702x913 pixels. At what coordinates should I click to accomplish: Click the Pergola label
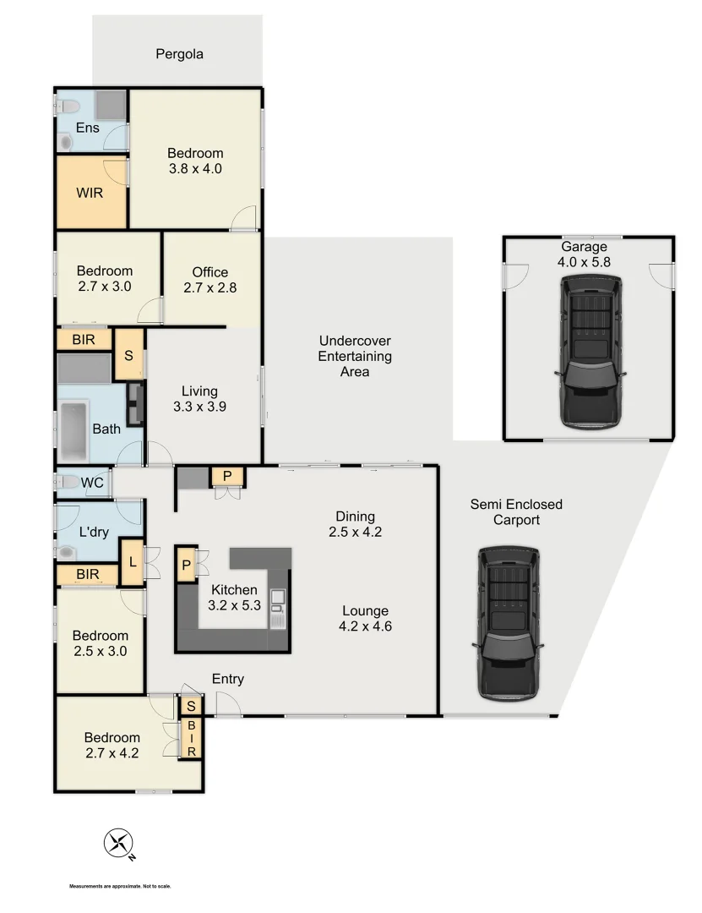point(179,55)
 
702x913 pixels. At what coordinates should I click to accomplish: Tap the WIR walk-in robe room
point(90,193)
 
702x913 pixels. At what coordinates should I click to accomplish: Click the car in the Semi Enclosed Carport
point(509,623)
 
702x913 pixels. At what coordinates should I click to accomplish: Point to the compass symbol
point(118,844)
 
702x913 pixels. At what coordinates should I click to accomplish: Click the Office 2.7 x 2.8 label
point(210,280)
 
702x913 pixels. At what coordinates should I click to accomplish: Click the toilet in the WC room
point(65,482)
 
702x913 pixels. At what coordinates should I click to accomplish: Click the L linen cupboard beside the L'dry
point(132,563)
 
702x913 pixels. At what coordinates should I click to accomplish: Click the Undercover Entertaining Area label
point(355,356)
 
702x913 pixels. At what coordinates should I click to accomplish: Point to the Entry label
point(228,679)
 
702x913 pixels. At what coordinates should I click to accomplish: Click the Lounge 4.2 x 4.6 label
point(365,619)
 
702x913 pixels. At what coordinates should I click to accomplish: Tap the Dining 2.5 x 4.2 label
point(355,524)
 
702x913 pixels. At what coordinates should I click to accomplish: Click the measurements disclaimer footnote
point(120,887)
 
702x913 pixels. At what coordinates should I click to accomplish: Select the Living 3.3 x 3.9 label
point(199,398)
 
